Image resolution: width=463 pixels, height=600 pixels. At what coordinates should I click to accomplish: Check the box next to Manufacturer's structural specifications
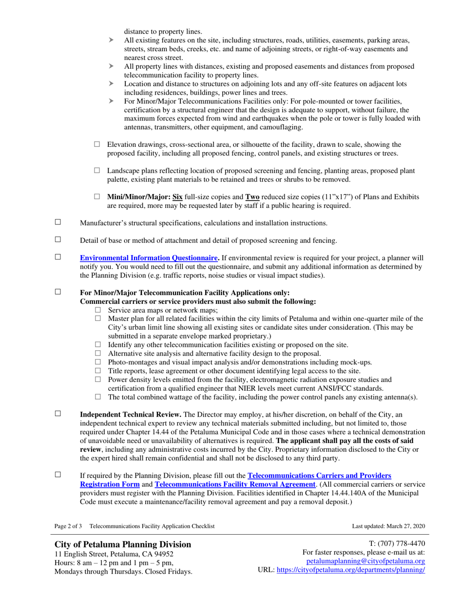(x=58, y=222)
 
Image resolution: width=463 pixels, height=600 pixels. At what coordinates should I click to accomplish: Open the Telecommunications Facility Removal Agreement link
(x=235, y=484)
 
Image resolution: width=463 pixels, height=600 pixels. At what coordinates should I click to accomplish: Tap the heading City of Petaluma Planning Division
(x=123, y=544)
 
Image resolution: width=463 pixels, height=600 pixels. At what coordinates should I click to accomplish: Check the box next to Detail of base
(x=58, y=240)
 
